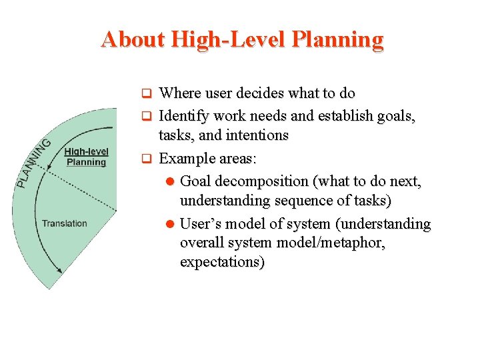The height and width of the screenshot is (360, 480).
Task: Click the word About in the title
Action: pyautogui.click(x=133, y=39)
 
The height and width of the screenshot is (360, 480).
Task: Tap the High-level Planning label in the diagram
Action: pyautogui.click(x=86, y=157)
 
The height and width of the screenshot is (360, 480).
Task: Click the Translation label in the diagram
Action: pyautogui.click(x=64, y=223)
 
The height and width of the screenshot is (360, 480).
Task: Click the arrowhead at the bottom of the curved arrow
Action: pyautogui.click(x=59, y=270)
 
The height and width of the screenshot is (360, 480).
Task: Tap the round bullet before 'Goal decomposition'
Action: pyautogui.click(x=170, y=181)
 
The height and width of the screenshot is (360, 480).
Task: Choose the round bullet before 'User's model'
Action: pyautogui.click(x=170, y=224)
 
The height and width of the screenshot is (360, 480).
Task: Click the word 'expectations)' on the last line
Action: pyautogui.click(x=222, y=262)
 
